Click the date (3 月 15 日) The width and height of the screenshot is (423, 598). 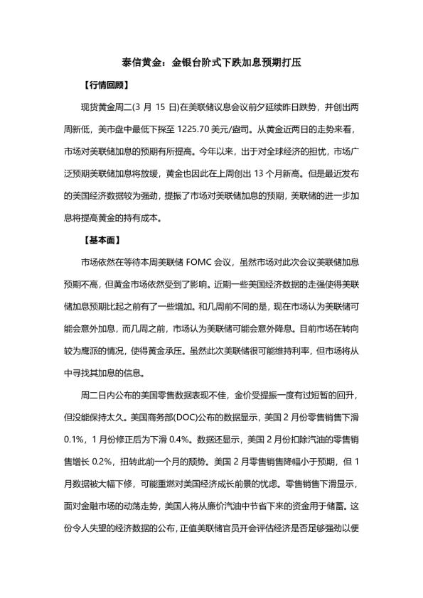153,107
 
